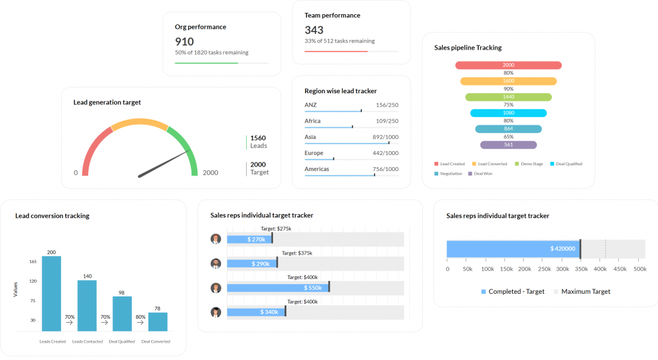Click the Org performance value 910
tap(184, 41)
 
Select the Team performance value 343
tap(314, 30)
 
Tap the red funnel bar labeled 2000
tap(508, 65)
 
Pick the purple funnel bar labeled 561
tap(508, 145)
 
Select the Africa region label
tap(312, 121)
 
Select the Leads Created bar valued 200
tap(51, 293)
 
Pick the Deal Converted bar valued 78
tap(157, 321)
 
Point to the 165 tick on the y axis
tap(32, 262)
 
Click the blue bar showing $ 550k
tap(278, 287)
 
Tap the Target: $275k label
tap(276, 228)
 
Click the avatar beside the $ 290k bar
tap(216, 263)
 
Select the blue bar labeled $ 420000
tap(513, 249)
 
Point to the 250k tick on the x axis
tap(544, 269)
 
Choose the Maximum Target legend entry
tap(581, 291)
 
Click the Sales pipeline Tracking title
tap(468, 48)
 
